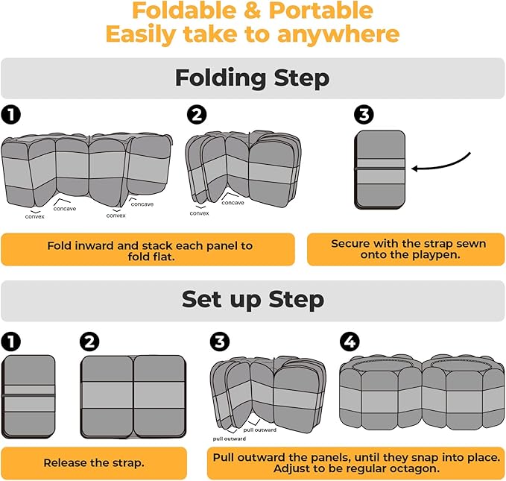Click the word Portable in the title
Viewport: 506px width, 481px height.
click(x=320, y=10)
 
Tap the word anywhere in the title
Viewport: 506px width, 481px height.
click(x=338, y=34)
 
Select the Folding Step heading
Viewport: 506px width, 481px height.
click(x=253, y=78)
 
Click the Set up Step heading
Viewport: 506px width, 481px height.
click(x=253, y=300)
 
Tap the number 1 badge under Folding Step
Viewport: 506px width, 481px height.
click(x=10, y=115)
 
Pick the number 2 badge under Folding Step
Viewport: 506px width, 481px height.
click(x=197, y=115)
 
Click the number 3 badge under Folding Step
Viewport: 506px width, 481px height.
click(x=364, y=115)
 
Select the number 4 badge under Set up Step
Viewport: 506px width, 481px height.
click(x=350, y=342)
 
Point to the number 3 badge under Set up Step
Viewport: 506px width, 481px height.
click(x=219, y=342)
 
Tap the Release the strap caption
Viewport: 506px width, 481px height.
click(x=94, y=463)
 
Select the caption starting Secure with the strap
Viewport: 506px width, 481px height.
click(x=408, y=249)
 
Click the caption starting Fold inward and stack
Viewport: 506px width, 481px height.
click(x=150, y=251)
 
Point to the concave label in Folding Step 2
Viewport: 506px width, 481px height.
click(x=233, y=203)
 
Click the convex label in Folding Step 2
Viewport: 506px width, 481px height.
click(x=199, y=213)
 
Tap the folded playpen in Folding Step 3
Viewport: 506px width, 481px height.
click(x=380, y=169)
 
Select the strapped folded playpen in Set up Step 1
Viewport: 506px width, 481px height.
click(x=28, y=397)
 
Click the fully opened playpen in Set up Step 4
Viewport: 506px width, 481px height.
click(x=422, y=393)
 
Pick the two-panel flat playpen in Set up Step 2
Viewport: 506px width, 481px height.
click(x=133, y=397)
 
